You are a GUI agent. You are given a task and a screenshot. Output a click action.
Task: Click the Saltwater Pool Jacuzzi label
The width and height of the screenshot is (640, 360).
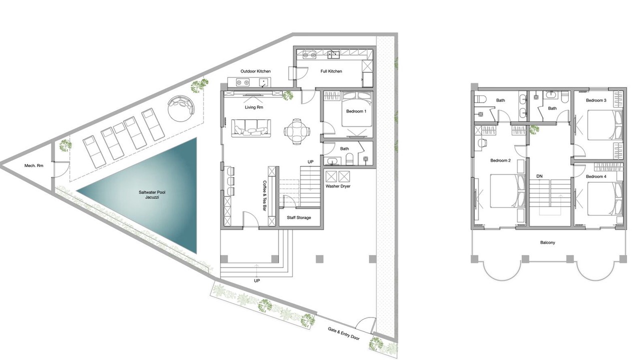(x=152, y=195)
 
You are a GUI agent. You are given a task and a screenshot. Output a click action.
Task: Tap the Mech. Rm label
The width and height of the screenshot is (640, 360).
(x=34, y=165)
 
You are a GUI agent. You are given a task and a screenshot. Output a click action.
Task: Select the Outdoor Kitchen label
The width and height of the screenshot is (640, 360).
(x=255, y=71)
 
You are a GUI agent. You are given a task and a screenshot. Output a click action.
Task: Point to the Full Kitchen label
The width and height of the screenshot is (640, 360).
(x=331, y=71)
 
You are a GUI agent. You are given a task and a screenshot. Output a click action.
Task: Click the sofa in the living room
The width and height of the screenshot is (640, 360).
(x=251, y=128)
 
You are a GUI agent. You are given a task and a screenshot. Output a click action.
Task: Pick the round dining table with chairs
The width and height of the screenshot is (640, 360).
(x=297, y=131)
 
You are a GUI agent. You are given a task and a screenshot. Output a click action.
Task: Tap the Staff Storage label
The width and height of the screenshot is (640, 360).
(x=299, y=217)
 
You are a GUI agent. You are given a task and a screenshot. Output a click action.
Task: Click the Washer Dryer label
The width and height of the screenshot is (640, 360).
(x=338, y=186)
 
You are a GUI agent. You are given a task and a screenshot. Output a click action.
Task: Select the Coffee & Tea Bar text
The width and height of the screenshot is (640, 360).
(x=264, y=195)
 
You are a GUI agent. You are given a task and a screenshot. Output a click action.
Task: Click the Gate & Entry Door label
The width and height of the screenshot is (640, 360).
(x=343, y=333)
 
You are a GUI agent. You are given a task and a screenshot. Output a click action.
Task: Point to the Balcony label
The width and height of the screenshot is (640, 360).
(x=547, y=242)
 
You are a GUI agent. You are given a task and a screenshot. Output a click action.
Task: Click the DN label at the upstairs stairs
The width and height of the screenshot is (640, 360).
(x=539, y=176)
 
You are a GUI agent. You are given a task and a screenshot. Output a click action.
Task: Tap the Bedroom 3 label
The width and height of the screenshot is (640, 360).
(x=596, y=100)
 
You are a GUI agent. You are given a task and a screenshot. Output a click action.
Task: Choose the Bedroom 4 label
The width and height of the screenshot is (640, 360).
(x=596, y=176)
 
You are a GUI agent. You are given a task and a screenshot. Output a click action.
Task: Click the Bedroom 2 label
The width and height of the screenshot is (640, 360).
(x=500, y=160)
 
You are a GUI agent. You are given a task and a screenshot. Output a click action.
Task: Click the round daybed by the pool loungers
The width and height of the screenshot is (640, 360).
(x=181, y=108)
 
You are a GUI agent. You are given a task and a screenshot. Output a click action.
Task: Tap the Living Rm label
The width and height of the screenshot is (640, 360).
(x=254, y=107)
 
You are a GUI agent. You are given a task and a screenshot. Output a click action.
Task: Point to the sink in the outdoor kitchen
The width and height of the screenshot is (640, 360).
(x=264, y=83)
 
